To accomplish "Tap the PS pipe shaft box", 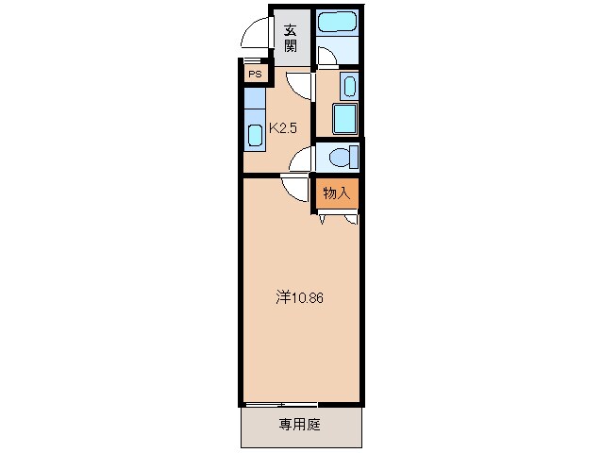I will click(x=255, y=73).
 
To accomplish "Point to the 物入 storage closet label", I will click(x=336, y=193).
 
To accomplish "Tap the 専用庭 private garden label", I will click(x=299, y=425).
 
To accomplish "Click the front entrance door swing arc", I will click(x=254, y=36).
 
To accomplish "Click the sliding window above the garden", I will click(x=281, y=405).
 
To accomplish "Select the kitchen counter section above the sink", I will click(x=255, y=97).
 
